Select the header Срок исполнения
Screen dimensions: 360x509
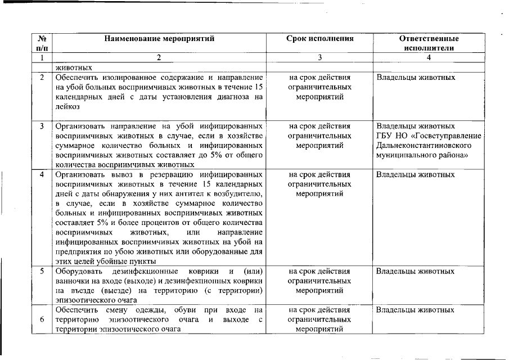(319, 39)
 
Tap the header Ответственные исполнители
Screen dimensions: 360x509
(429, 43)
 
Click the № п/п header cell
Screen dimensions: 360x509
(42, 43)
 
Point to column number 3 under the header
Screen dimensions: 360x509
(319, 57)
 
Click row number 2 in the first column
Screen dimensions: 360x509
(42, 77)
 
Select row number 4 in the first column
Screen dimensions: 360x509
(42, 174)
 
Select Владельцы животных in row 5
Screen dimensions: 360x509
(415, 271)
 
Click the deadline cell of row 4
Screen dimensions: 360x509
(319, 184)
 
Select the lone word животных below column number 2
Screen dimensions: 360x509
(74, 66)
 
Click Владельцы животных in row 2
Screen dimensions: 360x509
(415, 77)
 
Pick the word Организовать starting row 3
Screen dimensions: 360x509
(78, 126)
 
